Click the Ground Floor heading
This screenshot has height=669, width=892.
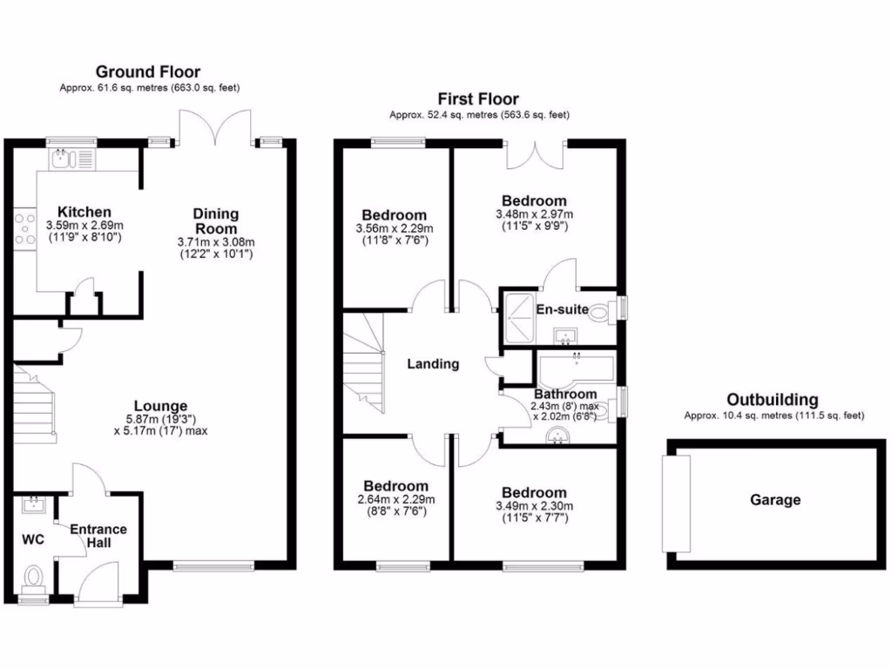coord(147,71)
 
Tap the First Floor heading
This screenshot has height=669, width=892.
coord(478,99)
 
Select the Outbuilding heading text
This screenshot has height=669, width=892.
coord(773,400)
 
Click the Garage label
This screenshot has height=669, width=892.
coord(775,500)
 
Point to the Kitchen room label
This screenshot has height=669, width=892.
coord(84,212)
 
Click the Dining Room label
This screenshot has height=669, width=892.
coord(215,220)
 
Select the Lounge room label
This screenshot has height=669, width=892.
coord(160,405)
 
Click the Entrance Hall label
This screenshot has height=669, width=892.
coord(98,536)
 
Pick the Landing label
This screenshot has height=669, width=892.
coord(433,364)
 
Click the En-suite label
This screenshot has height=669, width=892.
coord(561,309)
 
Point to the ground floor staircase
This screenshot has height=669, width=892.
coord(35,402)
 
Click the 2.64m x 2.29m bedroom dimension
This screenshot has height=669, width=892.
coord(395,499)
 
